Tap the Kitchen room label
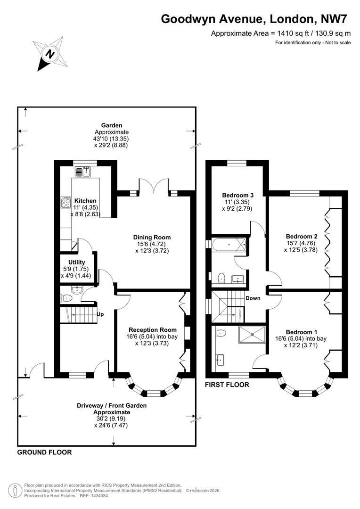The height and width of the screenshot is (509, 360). [85, 201]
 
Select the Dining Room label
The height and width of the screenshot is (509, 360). [152, 237]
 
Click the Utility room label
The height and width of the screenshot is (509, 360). [76, 263]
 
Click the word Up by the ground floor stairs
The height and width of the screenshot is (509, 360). [100, 314]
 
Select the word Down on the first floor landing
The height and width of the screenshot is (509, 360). [253, 298]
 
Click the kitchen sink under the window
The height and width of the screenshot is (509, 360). [84, 172]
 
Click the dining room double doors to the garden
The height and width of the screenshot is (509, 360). [153, 186]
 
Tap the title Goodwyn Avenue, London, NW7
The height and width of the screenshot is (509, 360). [256, 19]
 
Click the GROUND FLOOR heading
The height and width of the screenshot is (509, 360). [45, 452]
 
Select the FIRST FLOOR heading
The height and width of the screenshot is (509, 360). [227, 385]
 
